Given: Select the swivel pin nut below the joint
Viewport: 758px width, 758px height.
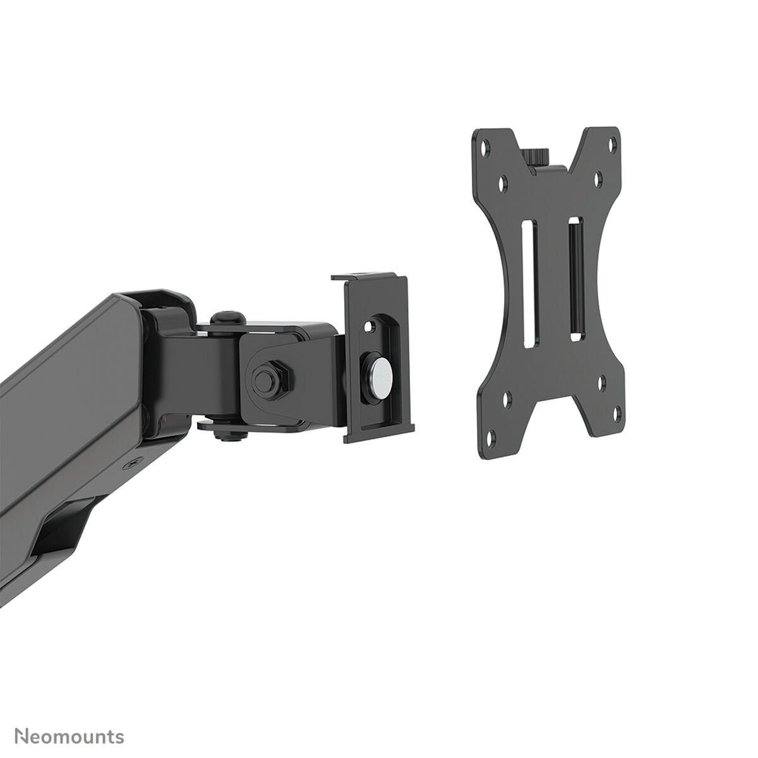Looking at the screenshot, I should pyautogui.click(x=224, y=434).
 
